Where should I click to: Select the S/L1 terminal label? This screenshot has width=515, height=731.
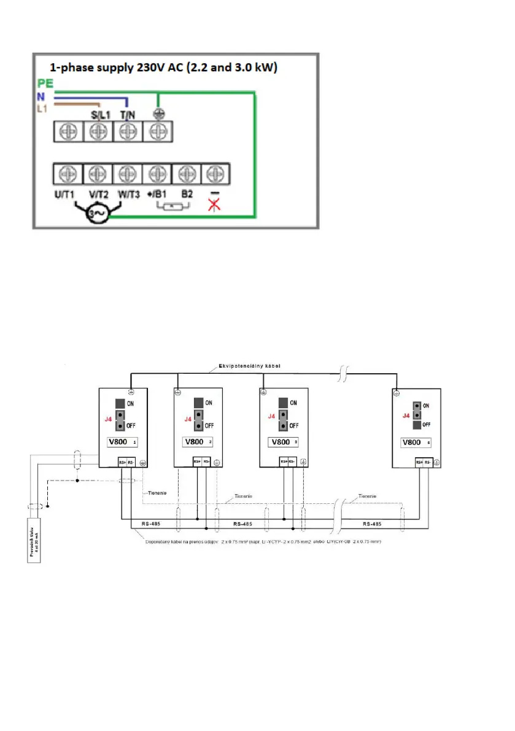[98, 115]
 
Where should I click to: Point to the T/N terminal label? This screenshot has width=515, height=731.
[127, 115]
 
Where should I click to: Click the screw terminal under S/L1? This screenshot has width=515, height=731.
[98, 130]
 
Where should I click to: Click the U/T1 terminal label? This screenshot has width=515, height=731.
[66, 193]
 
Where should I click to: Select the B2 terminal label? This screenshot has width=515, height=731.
[184, 193]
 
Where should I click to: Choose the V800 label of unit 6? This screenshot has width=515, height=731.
[414, 441]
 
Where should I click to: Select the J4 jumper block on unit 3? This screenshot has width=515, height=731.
[282, 414]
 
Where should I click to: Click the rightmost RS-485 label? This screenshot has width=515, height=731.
[373, 525]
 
